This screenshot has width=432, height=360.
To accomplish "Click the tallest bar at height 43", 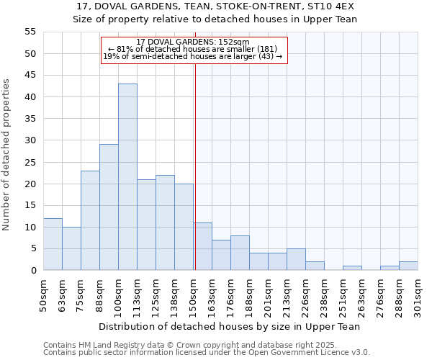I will tap(127, 177).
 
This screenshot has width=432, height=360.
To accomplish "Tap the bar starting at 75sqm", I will tap(90, 220).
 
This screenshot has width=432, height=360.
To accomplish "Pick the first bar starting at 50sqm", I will tap(53, 244).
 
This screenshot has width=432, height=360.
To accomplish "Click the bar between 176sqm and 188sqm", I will tap(240, 253).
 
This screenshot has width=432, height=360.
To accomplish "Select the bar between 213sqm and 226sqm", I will tap(296, 259).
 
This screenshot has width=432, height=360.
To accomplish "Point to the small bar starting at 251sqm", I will tap(352, 268).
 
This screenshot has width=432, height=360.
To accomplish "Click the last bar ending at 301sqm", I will tap(408, 266).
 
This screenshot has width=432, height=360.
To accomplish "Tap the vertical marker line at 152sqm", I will tap(195, 166).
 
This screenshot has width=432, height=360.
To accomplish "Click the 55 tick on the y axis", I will tap(30, 32).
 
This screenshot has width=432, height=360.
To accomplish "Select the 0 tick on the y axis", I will tap(33, 271).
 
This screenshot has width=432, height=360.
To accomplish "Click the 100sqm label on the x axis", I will tap(119, 294).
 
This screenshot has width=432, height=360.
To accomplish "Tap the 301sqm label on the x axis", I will tap(418, 294).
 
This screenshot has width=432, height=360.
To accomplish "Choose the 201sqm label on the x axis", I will tap(269, 294).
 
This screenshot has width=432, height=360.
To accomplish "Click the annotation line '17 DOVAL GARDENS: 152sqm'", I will tap(193, 42).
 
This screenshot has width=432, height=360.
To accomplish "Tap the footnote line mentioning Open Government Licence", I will tap(207, 353).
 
